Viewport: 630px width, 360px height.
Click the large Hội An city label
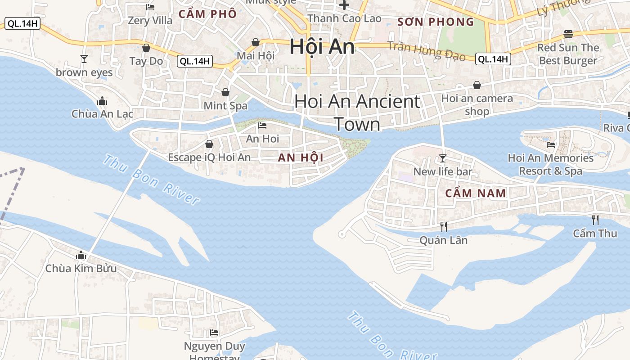coord(322,46)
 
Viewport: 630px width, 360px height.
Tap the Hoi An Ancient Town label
coord(357,112)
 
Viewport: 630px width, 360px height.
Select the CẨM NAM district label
coord(476,193)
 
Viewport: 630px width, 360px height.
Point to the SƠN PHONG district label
coord(436,22)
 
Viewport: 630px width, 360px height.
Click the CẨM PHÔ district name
coord(207,14)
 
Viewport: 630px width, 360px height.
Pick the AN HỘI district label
coord(301,157)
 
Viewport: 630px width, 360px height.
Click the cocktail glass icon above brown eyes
coord(84,58)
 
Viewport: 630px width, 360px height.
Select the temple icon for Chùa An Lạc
coord(102,100)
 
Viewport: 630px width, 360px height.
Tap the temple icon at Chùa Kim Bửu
coord(81,255)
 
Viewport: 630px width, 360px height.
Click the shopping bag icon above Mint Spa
coord(225,92)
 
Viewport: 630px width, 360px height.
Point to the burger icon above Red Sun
coord(568,34)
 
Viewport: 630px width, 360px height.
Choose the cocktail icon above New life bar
coord(443,158)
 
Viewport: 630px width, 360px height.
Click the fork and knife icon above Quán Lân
coord(443,226)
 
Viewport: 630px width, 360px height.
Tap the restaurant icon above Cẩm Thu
coord(595,220)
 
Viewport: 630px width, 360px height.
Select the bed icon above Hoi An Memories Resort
coord(550,144)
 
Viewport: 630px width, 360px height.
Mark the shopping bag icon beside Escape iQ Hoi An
coord(209,144)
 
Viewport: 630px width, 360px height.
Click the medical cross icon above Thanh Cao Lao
coord(344,5)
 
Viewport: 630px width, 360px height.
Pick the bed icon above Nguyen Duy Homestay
coord(214,333)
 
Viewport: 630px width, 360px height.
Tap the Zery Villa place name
coord(150,20)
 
